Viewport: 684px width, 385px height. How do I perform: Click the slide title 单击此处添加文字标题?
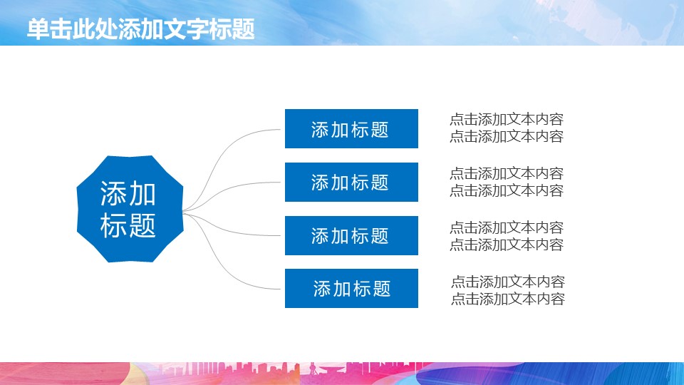click(x=140, y=29)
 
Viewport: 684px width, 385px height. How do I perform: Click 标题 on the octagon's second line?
click(x=128, y=226)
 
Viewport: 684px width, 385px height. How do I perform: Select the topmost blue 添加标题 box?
click(x=351, y=129)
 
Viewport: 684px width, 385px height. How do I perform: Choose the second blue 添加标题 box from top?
click(x=351, y=183)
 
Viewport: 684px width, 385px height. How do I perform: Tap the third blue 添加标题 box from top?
click(x=351, y=235)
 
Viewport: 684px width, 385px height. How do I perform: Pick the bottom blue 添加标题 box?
click(x=351, y=289)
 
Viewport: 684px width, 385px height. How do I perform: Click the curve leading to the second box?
click(x=235, y=189)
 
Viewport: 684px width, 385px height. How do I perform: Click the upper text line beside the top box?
click(x=506, y=120)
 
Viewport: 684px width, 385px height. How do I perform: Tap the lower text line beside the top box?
click(x=506, y=137)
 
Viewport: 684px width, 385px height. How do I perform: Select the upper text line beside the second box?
click(x=506, y=173)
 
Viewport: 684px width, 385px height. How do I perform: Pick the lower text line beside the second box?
click(x=506, y=190)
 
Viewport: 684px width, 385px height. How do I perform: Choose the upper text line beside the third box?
click(x=506, y=227)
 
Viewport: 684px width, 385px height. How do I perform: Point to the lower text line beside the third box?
click(x=506, y=245)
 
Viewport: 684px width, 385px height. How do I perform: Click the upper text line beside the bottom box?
click(x=507, y=282)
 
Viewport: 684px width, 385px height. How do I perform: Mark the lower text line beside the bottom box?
click(x=507, y=299)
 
